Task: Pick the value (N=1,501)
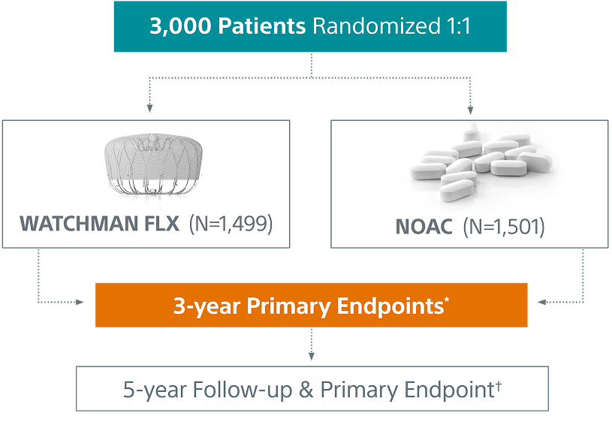(x=502, y=225)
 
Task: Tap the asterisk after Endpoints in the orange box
(x=448, y=300)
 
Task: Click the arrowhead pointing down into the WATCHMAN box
(x=150, y=109)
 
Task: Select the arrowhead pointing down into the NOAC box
(x=471, y=109)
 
